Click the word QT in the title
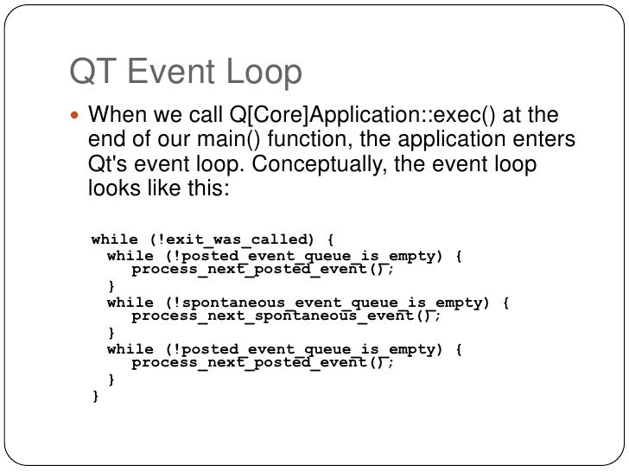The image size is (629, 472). [92, 73]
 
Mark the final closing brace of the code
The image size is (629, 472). [96, 397]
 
